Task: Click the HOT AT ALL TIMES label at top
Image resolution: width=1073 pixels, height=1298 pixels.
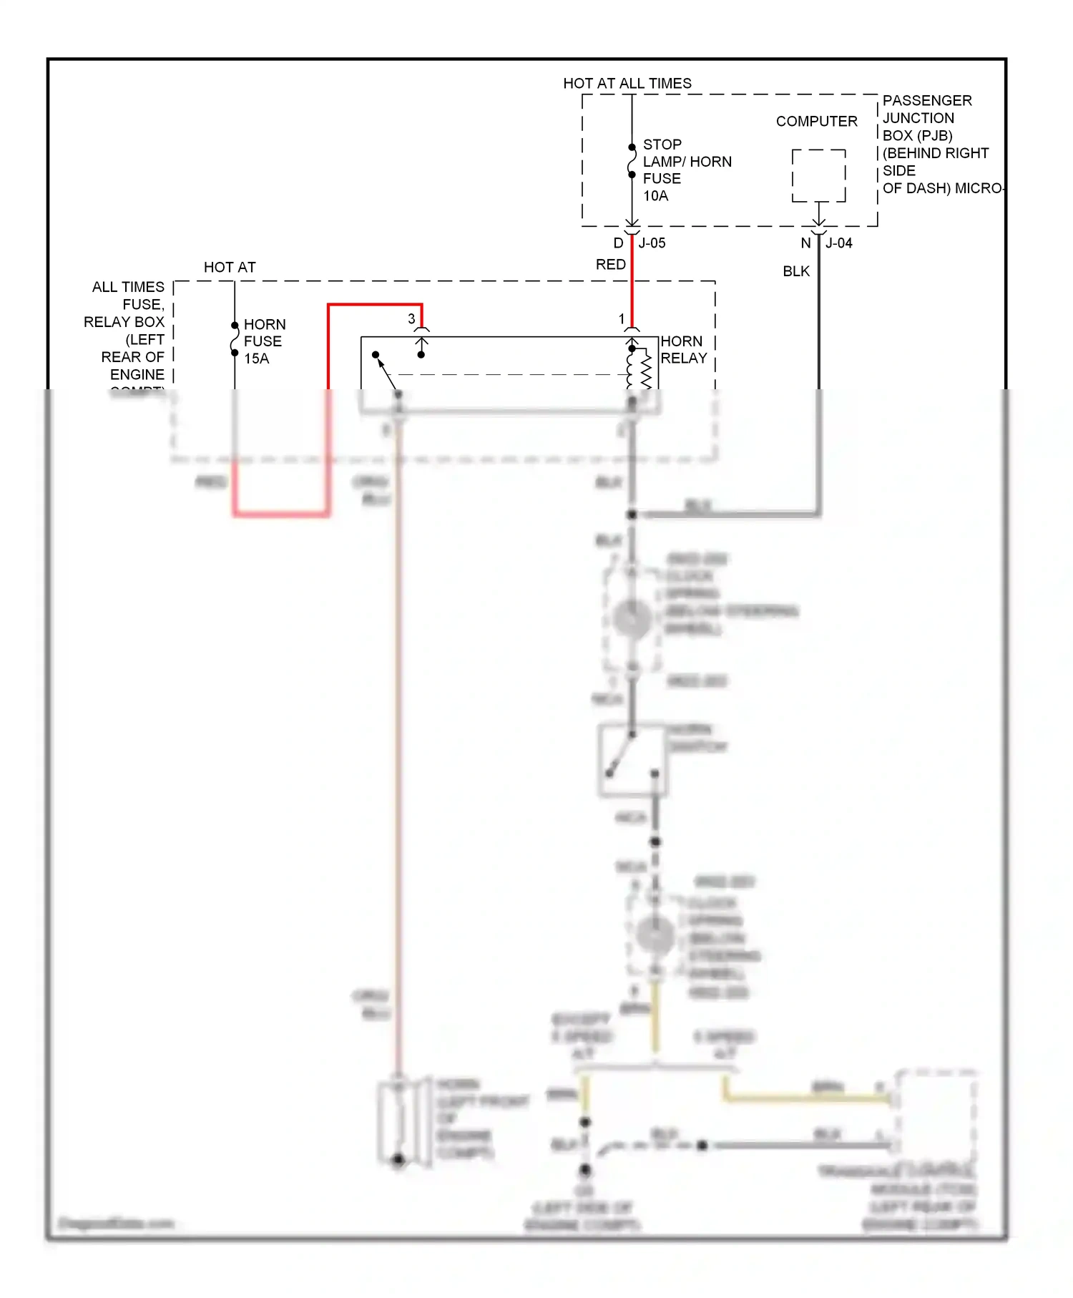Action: coord(627,83)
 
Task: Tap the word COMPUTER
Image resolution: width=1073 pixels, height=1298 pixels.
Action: coord(816,122)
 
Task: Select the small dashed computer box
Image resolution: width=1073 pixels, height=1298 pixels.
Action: coord(818,176)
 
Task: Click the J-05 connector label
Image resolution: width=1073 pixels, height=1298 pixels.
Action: coord(652,243)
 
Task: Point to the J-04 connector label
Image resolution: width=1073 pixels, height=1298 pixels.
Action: coord(838,243)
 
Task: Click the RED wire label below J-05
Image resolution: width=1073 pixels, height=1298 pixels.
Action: coord(610,265)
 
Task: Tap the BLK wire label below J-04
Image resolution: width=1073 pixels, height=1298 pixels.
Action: coord(795,271)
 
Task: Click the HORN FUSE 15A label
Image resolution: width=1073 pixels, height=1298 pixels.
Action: coord(263,341)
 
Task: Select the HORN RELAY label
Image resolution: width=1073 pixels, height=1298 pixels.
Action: coord(683,350)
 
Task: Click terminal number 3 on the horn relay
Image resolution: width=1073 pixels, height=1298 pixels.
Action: coord(411,319)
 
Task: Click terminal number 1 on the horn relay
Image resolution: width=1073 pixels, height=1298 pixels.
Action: coord(622,319)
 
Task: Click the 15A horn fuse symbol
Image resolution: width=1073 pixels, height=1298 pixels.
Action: coord(235,339)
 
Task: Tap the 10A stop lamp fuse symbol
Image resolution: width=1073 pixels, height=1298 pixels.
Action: coord(632,161)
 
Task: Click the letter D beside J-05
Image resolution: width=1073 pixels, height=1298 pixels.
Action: coord(618,243)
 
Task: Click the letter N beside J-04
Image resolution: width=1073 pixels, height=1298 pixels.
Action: coord(805,243)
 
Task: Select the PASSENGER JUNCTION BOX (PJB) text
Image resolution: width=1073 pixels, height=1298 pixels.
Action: coord(926,118)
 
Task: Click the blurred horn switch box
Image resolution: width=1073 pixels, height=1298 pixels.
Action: coord(632,761)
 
